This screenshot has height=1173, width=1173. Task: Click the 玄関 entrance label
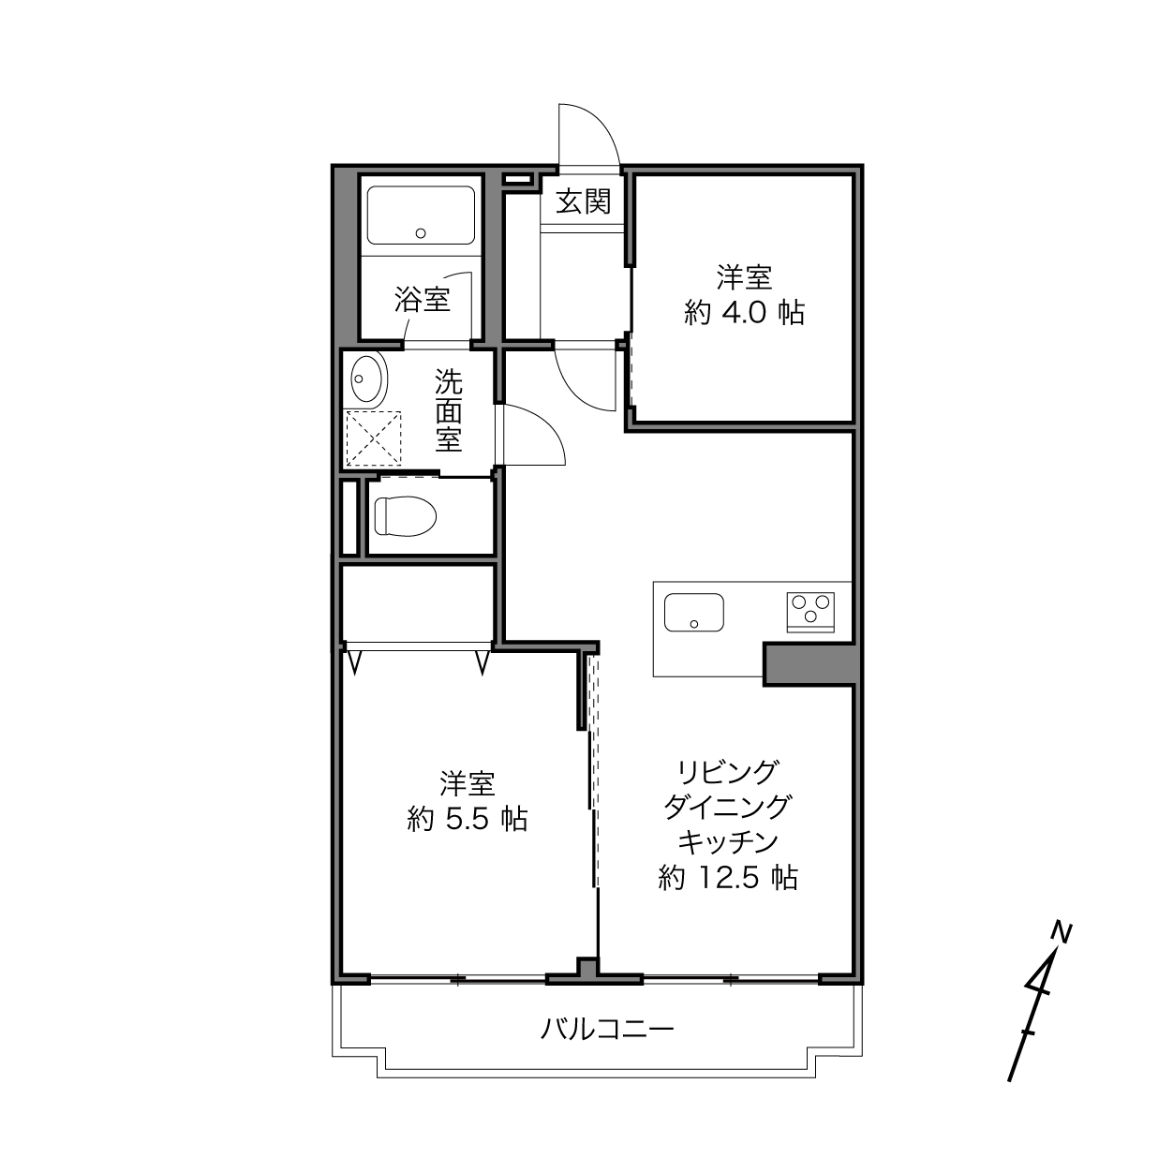(x=583, y=201)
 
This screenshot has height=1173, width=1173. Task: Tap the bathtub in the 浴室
(x=421, y=215)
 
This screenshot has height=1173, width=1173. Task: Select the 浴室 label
(x=422, y=300)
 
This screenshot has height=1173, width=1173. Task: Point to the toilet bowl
(x=406, y=517)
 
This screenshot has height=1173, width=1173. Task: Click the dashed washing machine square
(x=374, y=438)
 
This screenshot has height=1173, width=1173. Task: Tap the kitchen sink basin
(x=694, y=613)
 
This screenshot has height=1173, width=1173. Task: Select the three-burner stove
(x=810, y=613)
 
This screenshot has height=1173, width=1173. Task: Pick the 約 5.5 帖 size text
(x=467, y=820)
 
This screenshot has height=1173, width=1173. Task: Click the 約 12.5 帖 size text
(x=727, y=879)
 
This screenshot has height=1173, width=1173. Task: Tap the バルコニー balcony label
(x=607, y=1030)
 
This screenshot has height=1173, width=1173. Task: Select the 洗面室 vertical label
(x=449, y=411)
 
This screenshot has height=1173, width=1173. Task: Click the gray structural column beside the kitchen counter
(x=810, y=663)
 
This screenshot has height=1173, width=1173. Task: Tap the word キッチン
(x=728, y=842)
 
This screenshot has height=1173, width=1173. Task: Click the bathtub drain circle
(x=420, y=233)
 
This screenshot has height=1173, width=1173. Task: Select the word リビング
(x=728, y=772)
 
